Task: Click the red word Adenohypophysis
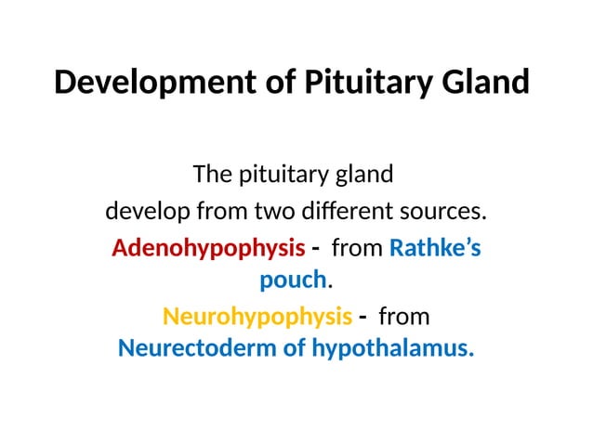pos(207,250)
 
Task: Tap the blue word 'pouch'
pos(294,280)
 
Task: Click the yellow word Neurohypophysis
pos(257,318)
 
